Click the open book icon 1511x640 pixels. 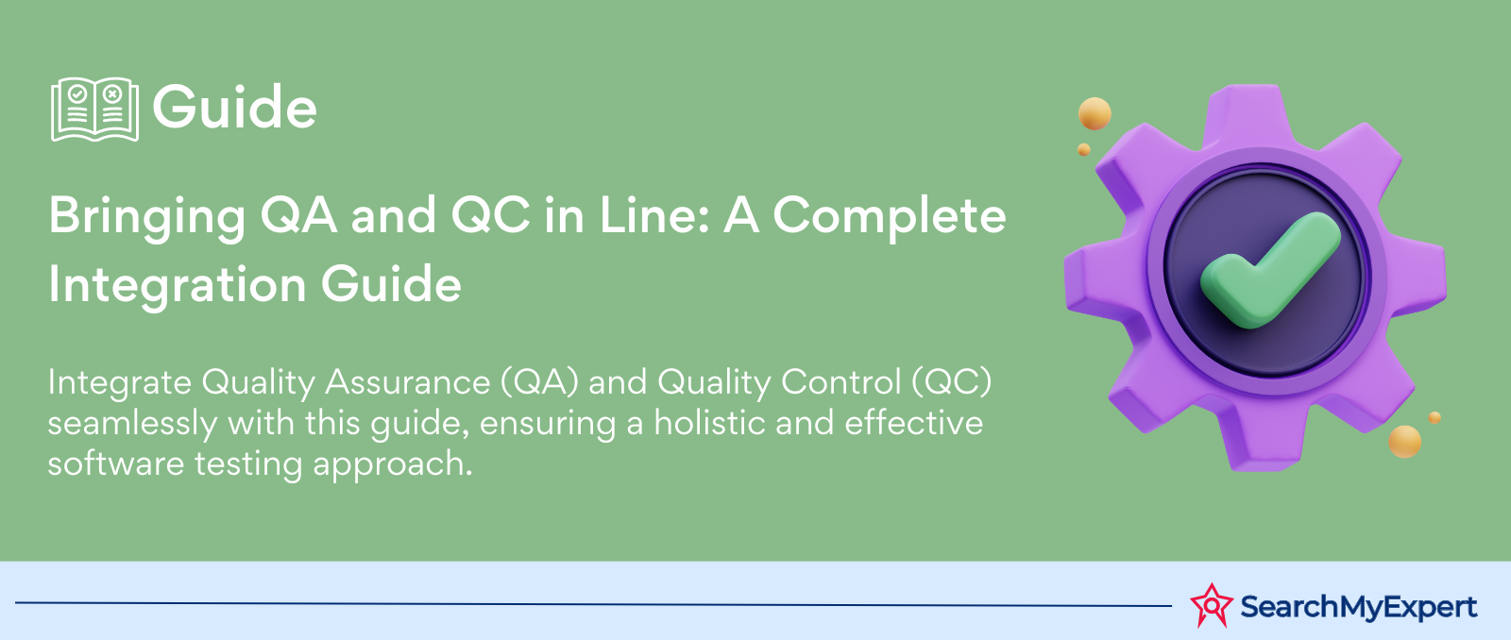coord(95,109)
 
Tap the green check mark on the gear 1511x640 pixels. coord(1269,271)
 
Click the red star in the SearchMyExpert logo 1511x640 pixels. coord(1212,605)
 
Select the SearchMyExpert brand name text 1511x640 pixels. coord(1359,607)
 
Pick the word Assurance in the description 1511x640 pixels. coord(407,382)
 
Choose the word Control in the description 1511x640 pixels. coord(840,382)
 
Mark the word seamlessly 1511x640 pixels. coord(132,425)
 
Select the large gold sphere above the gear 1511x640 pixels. coord(1095,113)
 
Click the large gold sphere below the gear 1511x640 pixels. coord(1404,442)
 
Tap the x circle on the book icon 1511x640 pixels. coord(112,93)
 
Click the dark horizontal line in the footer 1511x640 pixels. coord(594,604)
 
